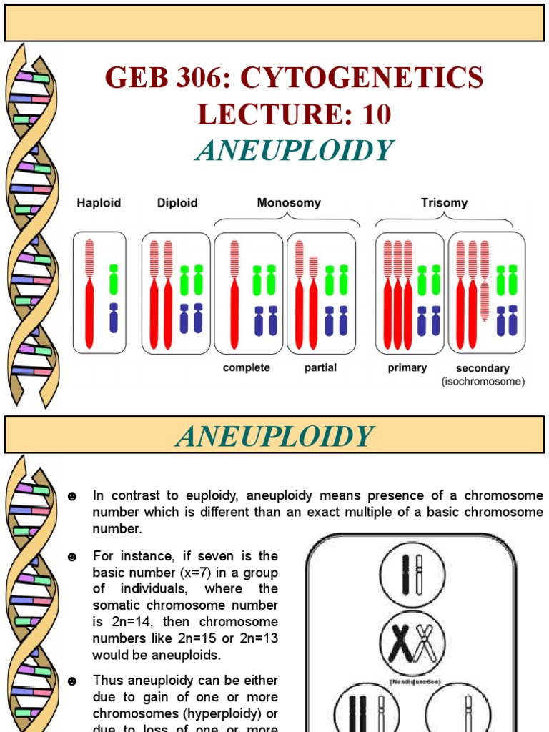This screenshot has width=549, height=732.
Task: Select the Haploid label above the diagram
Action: click(99, 203)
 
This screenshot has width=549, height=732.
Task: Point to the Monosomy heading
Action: click(289, 203)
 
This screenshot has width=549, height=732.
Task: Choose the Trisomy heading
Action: click(444, 203)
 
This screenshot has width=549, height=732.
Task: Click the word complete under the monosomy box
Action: click(247, 367)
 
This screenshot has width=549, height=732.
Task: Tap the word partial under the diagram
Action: click(320, 367)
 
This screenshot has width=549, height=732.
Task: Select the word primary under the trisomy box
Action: click(407, 367)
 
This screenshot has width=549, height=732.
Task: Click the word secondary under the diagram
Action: click(483, 369)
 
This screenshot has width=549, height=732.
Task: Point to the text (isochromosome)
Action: click(483, 382)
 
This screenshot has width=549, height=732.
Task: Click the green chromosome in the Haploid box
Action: click(113, 279)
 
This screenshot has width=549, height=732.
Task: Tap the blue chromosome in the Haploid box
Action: click(113, 318)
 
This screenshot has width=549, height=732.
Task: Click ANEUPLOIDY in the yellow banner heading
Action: click(274, 436)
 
